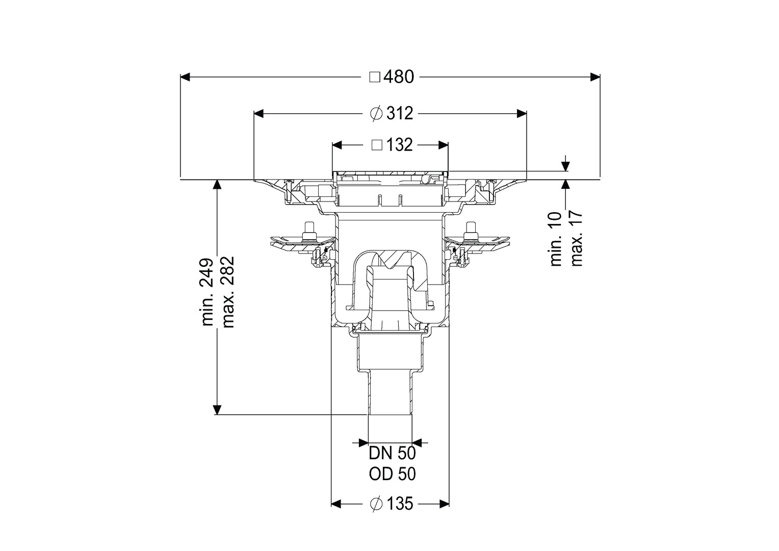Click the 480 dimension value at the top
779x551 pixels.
tap(399, 77)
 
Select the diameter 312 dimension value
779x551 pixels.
tap(400, 113)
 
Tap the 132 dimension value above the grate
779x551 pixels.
tap(399, 145)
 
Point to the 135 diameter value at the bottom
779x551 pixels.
tap(400, 513)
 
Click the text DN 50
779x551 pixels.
tap(392, 453)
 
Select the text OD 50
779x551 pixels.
tap(392, 474)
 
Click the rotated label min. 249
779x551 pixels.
tap(207, 292)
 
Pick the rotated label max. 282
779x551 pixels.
tap(228, 292)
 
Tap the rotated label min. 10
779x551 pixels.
tap(556, 239)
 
